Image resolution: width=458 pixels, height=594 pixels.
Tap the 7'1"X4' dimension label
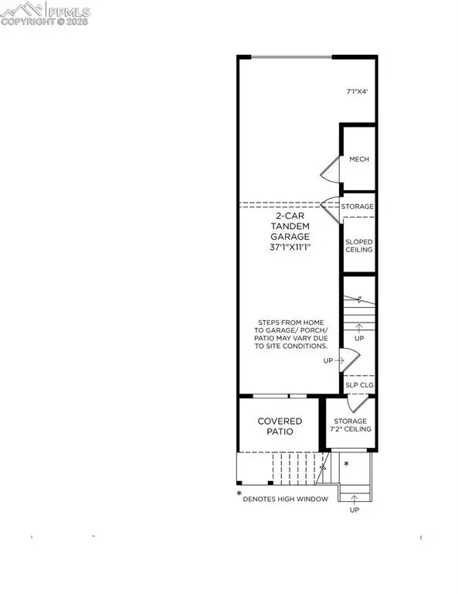(358, 92)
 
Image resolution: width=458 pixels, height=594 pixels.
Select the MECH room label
(359, 159)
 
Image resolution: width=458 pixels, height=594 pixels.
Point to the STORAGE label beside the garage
(359, 207)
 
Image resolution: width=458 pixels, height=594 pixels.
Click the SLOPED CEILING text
(359, 245)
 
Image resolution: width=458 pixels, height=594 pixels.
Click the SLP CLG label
(359, 384)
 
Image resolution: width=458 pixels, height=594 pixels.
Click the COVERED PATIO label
(280, 426)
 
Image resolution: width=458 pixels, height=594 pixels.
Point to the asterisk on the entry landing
(347, 464)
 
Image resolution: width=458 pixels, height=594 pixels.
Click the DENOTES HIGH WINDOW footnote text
(286, 499)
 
